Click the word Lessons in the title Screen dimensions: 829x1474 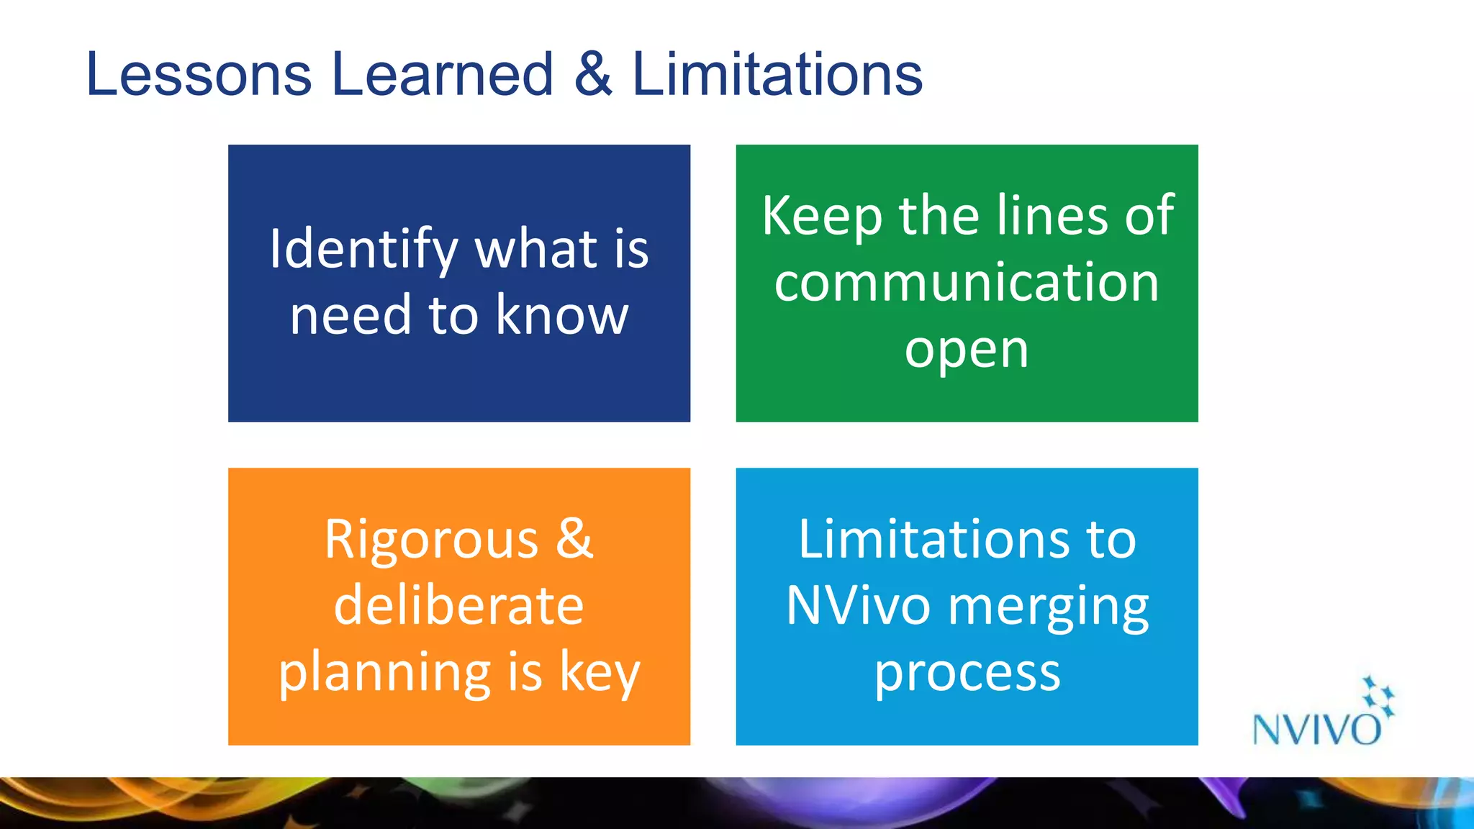(x=199, y=74)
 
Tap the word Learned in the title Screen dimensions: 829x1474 (x=442, y=74)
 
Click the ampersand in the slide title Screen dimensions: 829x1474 (x=593, y=74)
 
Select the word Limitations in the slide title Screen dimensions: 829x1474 (x=777, y=74)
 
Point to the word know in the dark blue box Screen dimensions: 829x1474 (x=562, y=315)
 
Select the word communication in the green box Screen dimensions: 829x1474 (x=967, y=282)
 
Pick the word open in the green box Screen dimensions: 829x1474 (x=967, y=351)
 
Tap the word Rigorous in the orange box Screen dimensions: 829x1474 (x=431, y=539)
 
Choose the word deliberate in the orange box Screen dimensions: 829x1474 (x=458, y=605)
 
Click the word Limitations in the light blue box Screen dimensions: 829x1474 (x=933, y=539)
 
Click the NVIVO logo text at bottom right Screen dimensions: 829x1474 (x=1316, y=730)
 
